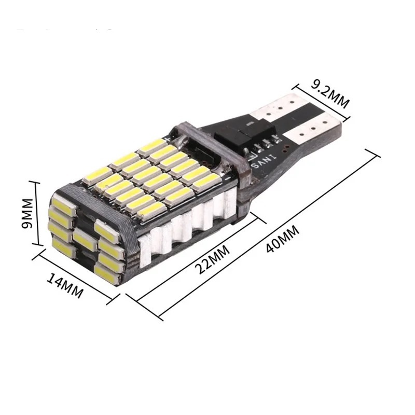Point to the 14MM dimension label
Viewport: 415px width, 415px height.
click(65, 286)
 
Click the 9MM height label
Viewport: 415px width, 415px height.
click(27, 213)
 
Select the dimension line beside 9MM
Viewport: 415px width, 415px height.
click(37, 213)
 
